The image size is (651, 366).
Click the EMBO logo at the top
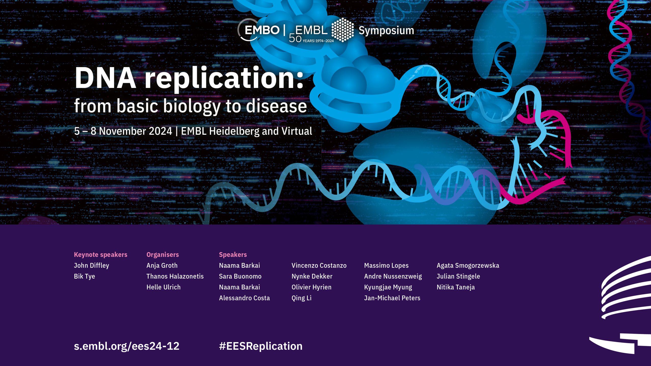pyautogui.click(x=259, y=30)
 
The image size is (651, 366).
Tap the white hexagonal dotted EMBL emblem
pyautogui.click(x=343, y=30)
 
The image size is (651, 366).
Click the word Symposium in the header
pyautogui.click(x=386, y=31)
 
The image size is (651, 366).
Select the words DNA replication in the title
pyautogui.click(x=189, y=78)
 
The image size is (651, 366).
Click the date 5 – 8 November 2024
pyautogui.click(x=123, y=131)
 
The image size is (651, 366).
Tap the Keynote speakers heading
pyautogui.click(x=100, y=255)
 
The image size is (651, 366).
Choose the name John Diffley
pyautogui.click(x=92, y=266)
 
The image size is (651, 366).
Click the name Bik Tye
pyautogui.click(x=84, y=277)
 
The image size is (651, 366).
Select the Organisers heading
pyautogui.click(x=163, y=255)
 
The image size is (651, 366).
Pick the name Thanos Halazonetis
pyautogui.click(x=175, y=276)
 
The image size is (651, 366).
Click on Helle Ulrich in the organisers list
pyautogui.click(x=164, y=287)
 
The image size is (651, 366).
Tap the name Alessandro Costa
pyautogui.click(x=244, y=298)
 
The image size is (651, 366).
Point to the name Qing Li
pyautogui.click(x=302, y=298)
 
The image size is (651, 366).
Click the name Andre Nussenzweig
pyautogui.click(x=393, y=277)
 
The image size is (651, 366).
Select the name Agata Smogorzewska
pyautogui.click(x=468, y=266)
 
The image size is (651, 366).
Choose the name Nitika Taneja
pyautogui.click(x=456, y=287)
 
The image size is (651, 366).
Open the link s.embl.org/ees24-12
pyautogui.click(x=127, y=346)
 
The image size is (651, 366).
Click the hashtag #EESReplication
pyautogui.click(x=261, y=346)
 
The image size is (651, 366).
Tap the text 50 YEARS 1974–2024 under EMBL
pyautogui.click(x=311, y=39)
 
